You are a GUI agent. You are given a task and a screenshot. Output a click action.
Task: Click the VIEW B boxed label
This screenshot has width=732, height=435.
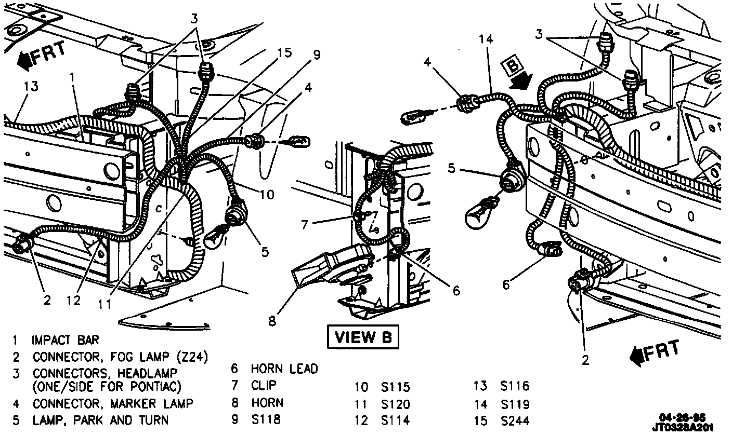point(363,337)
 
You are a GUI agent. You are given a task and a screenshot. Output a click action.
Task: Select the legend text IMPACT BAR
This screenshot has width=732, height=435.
point(65,341)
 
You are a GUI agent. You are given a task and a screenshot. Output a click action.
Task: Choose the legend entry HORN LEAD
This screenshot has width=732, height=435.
point(284,369)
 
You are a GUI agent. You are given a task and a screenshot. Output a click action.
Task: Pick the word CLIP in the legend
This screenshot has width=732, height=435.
point(264,385)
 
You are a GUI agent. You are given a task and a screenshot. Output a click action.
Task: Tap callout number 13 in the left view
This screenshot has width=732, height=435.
point(31,86)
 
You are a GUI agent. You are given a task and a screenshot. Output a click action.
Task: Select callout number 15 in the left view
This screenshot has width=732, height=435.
point(284,52)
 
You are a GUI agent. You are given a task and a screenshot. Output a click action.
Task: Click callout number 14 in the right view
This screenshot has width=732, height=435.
point(486,40)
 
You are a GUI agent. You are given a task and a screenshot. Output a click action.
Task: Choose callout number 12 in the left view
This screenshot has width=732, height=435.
point(74,300)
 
